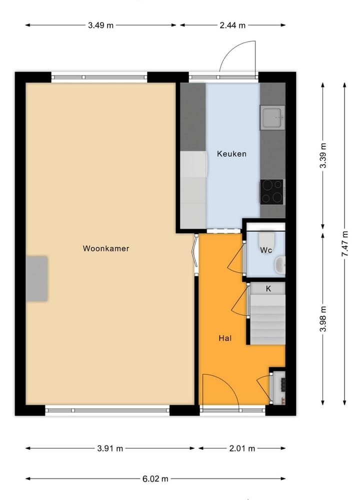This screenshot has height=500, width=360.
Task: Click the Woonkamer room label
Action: (x=106, y=248)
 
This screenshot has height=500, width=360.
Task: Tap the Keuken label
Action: (x=231, y=154)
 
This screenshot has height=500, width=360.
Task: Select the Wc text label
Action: (x=265, y=250)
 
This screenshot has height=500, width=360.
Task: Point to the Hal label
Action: (x=225, y=338)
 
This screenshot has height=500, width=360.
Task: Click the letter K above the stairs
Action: (x=268, y=288)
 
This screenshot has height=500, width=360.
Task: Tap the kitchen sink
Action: (x=272, y=118)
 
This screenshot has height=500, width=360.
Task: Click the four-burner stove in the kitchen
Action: (x=272, y=191)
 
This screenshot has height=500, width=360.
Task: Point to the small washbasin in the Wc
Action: (x=281, y=264)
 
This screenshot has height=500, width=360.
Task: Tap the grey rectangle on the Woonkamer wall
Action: (x=37, y=278)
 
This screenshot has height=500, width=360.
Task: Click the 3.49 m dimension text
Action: (x=100, y=25)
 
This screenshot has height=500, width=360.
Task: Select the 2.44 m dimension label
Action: (x=232, y=25)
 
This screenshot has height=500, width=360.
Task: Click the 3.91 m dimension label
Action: (x=109, y=448)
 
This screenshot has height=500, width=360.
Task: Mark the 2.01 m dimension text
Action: (x=241, y=448)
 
